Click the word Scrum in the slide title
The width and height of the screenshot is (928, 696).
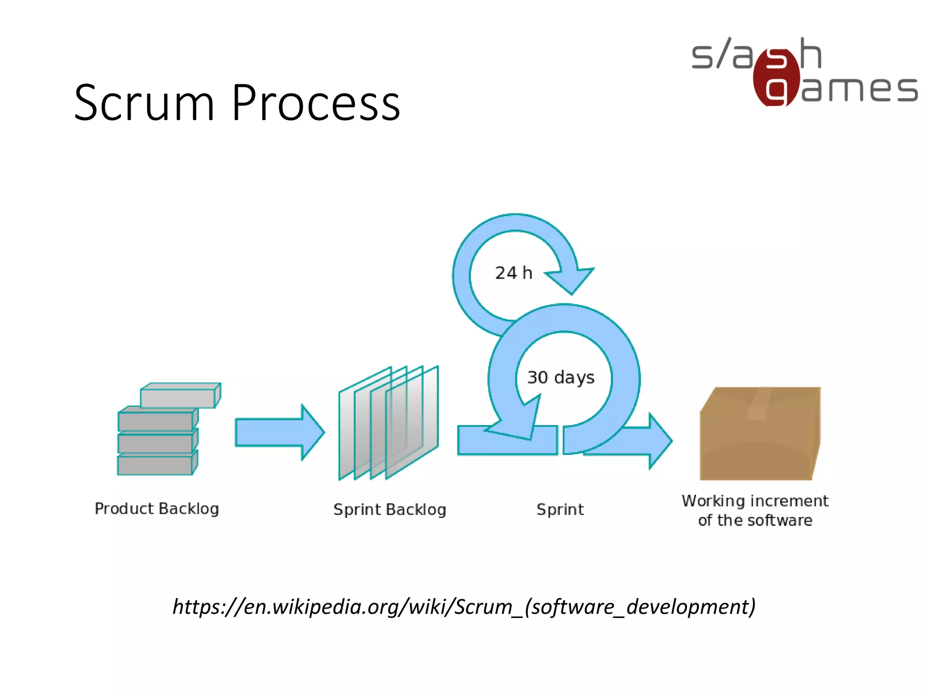point(144,104)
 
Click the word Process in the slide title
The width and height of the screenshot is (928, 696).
point(316,104)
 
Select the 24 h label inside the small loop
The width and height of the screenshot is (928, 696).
point(513,273)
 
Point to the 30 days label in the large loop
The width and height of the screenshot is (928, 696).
point(561,377)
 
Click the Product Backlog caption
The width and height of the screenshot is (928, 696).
point(157,509)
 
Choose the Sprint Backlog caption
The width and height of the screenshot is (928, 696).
point(390,510)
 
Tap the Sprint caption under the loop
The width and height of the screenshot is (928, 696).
point(560,510)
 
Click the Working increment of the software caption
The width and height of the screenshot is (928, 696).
point(755,511)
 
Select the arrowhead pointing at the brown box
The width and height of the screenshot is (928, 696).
point(659,440)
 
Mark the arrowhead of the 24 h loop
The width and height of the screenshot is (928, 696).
point(572,279)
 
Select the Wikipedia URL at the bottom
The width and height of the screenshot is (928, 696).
point(464,607)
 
